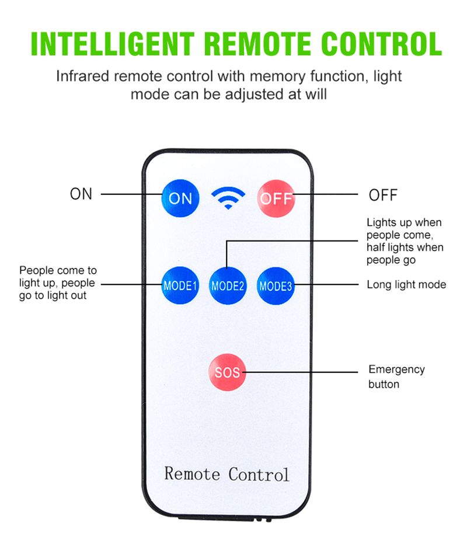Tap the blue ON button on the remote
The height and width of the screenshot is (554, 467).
(180, 198)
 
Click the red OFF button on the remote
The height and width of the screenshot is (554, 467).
(275, 198)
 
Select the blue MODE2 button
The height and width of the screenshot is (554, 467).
(227, 285)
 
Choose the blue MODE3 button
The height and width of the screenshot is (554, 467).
(275, 285)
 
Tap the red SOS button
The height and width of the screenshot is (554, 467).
(227, 371)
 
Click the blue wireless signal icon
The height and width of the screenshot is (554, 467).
(228, 197)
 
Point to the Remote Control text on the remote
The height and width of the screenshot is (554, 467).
(226, 473)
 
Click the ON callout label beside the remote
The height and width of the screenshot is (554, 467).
(81, 194)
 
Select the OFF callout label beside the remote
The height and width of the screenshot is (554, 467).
(383, 195)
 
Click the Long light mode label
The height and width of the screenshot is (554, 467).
(406, 285)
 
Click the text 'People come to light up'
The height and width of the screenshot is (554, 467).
(58, 277)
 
